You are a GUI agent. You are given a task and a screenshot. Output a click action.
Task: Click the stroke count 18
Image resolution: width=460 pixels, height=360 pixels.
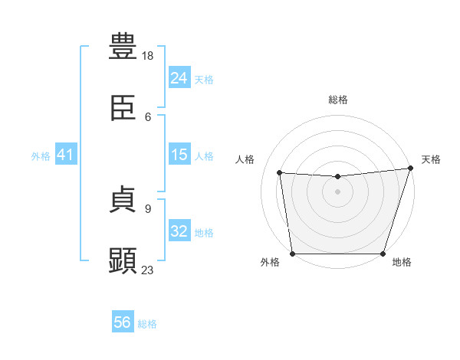148,56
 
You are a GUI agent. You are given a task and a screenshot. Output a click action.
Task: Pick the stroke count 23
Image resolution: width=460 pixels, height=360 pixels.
148,270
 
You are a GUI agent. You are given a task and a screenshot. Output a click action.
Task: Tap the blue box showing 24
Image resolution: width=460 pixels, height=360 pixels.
179,78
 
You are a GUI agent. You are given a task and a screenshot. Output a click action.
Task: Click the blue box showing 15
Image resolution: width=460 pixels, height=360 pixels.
179,155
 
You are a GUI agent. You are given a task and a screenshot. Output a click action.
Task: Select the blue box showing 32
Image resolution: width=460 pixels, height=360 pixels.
179,231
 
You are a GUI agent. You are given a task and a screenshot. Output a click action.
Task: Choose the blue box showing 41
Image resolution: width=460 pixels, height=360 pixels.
66,155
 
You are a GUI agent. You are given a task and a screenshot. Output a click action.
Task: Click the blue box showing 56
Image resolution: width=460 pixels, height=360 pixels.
123,323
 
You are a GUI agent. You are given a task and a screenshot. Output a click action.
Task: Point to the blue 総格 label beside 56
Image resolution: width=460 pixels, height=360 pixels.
147,324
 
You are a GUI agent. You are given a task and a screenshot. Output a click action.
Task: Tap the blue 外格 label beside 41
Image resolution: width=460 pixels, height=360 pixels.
41,155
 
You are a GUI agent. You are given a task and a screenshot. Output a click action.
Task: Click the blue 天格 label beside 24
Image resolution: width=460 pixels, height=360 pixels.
204,79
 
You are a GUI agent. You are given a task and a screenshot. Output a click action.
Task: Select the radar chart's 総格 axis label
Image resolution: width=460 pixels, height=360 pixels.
338,100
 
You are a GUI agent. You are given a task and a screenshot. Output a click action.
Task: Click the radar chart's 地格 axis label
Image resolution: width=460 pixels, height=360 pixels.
402,263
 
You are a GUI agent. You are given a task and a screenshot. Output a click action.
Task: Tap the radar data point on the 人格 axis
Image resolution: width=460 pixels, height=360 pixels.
281,173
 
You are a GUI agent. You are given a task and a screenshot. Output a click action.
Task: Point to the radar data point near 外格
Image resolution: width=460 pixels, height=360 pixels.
293,253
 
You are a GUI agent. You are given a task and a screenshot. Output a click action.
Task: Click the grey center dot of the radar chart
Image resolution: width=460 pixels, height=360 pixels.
338,191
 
